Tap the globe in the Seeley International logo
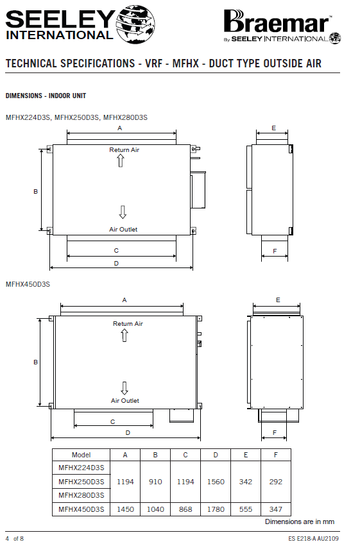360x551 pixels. tap(135, 24)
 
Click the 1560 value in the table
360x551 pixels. tap(216, 482)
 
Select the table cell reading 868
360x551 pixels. tap(185, 509)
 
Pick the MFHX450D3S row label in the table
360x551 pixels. tap(81, 509)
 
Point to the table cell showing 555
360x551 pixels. tap(246, 509)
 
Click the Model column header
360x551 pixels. tap(81, 455)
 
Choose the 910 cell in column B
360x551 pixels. tap(155, 482)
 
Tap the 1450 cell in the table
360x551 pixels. tap(125, 509)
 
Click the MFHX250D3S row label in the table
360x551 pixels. tap(81, 482)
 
